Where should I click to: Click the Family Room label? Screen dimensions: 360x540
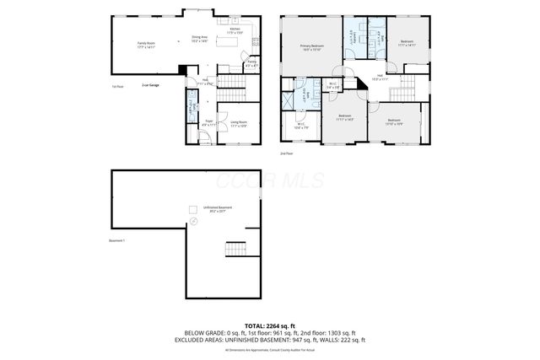coord(148,46)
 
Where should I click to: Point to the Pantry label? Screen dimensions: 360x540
coord(251,62)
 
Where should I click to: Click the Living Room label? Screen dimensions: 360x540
coord(239,123)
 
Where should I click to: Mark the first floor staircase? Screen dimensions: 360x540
coord(230,82)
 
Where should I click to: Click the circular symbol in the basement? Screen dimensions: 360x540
coord(192,221)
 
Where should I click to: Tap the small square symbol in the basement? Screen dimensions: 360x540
coord(193,210)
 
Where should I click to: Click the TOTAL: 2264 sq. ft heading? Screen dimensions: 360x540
coord(270,325)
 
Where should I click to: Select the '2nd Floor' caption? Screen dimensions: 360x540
coord(288,153)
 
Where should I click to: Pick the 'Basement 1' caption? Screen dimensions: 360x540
coord(117,241)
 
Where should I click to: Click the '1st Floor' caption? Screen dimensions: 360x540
coord(117,86)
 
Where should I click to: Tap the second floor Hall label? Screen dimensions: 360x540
coord(381,77)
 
